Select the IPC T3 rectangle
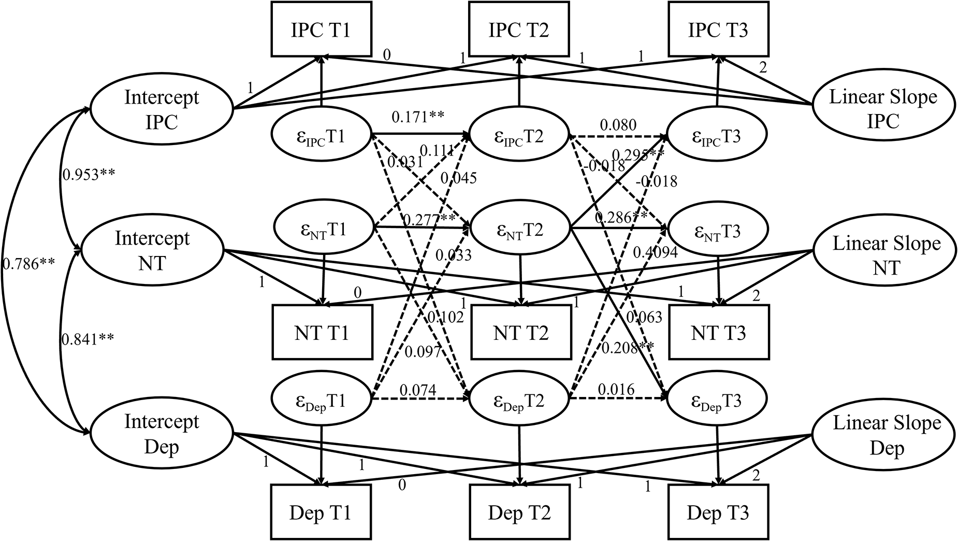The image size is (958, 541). pyautogui.click(x=718, y=29)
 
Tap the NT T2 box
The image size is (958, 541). pyautogui.click(x=520, y=332)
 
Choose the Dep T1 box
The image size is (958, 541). pyautogui.click(x=321, y=512)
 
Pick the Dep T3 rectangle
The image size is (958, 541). pyautogui.click(x=718, y=512)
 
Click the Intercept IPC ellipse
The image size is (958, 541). pyautogui.click(x=162, y=109)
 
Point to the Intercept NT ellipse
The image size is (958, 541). pyautogui.click(x=152, y=251)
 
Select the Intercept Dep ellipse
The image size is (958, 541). pyautogui.click(x=162, y=434)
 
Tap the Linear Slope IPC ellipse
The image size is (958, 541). pyautogui.click(x=883, y=109)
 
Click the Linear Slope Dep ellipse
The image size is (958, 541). pyautogui.click(x=886, y=435)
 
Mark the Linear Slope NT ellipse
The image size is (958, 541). pyautogui.click(x=886, y=255)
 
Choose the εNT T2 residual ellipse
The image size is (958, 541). pyautogui.click(x=519, y=230)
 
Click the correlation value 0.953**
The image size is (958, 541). pyautogui.click(x=88, y=175)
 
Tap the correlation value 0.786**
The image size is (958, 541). pyautogui.click(x=28, y=264)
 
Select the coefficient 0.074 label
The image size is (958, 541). pyautogui.click(x=417, y=390)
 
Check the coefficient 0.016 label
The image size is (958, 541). pyautogui.click(x=616, y=390)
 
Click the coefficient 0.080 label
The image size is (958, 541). pyautogui.click(x=618, y=125)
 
